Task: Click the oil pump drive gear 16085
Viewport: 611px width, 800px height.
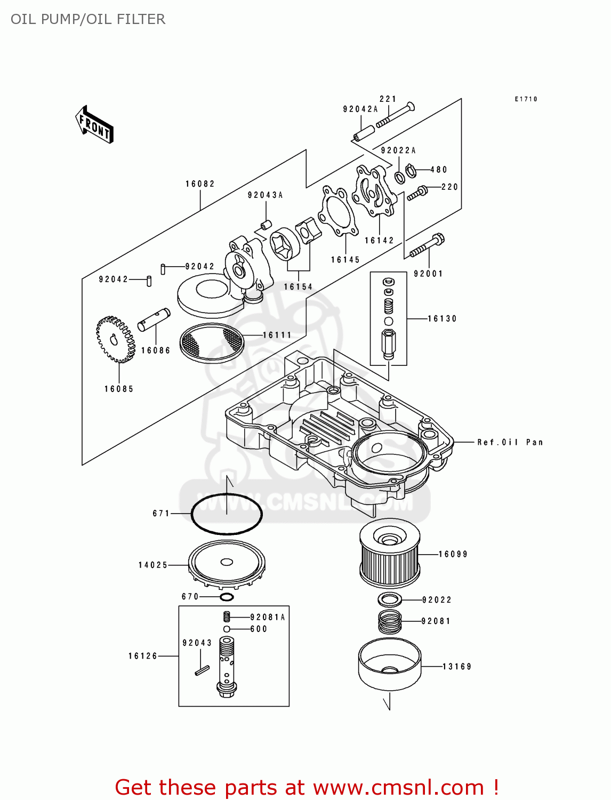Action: pos(115,339)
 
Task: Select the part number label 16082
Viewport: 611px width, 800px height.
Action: pos(200,184)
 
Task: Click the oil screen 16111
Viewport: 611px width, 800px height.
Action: pos(212,342)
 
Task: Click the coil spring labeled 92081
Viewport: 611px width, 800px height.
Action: pos(390,622)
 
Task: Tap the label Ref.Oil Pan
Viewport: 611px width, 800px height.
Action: pos(510,442)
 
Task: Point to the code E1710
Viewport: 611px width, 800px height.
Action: pos(526,99)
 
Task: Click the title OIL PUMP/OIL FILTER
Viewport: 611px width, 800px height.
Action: pos(88,19)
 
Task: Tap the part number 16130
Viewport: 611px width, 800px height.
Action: pos(442,319)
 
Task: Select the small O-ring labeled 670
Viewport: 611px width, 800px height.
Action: pos(227,597)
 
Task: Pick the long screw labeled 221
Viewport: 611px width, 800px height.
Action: pos(395,115)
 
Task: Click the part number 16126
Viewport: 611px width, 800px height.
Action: pos(143,656)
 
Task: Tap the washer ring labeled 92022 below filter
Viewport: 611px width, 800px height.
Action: pos(390,599)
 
